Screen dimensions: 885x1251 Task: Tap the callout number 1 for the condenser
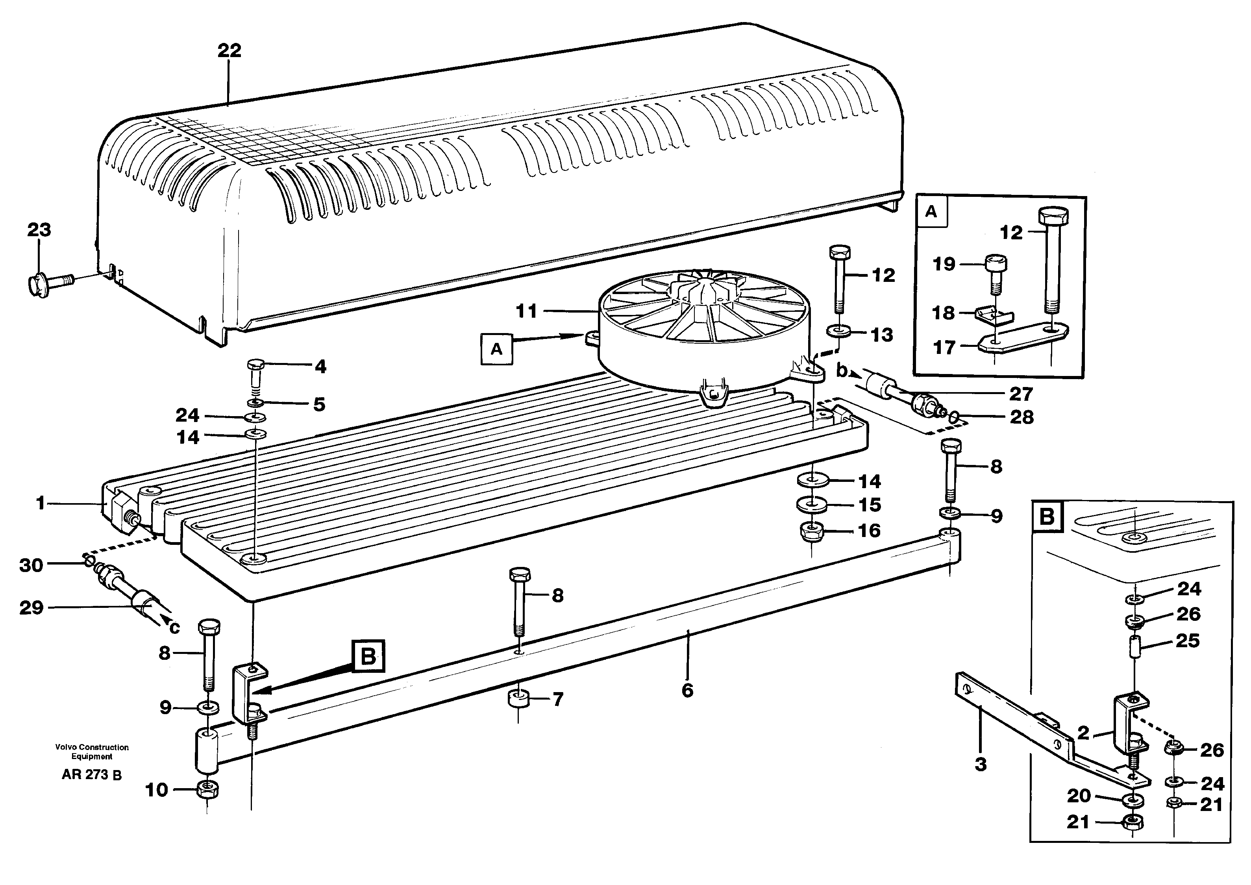[40, 503]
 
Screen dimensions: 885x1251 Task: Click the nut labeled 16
[812, 531]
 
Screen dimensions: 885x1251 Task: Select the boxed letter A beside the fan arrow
[496, 349]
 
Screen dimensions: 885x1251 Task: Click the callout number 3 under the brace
[980, 764]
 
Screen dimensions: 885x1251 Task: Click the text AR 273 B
[92, 774]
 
